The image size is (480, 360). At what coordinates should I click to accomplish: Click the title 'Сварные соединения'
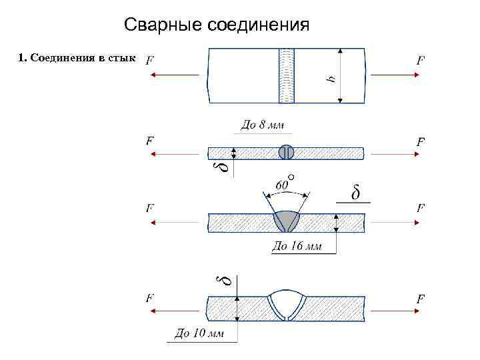point(217,25)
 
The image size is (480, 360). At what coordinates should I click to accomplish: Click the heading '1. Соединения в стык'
point(77,58)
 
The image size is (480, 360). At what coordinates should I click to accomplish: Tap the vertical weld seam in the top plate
point(286,75)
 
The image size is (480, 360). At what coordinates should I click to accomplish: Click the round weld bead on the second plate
point(286,152)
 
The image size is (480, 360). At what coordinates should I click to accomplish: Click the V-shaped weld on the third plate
point(287,221)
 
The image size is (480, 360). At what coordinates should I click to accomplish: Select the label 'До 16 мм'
point(297,246)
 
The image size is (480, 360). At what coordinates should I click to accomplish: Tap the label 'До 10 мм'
point(199,333)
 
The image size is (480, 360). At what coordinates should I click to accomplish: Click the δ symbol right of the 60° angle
point(355,193)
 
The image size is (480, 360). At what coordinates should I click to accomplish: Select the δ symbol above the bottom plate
point(227,281)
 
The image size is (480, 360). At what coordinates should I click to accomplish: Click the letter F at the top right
point(421,59)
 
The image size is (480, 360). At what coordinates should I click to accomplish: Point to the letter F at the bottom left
point(150,298)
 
